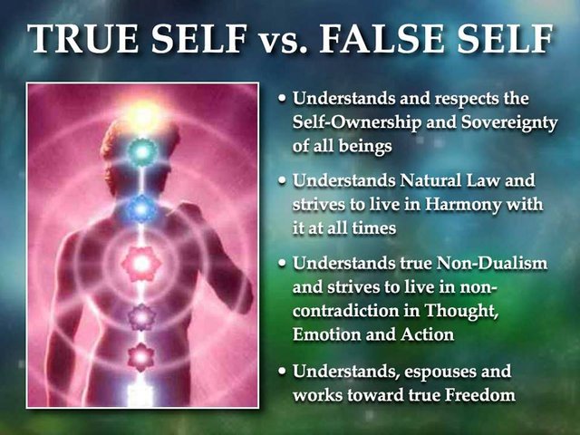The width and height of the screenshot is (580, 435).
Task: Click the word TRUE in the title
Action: [84, 38]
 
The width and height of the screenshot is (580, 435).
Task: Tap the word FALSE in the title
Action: [382, 38]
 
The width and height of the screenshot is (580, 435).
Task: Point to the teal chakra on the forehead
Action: [142, 151]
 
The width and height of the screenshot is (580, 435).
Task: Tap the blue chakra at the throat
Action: [140, 209]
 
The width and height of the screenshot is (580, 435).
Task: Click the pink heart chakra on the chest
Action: [141, 264]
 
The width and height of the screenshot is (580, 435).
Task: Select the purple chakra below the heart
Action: [141, 317]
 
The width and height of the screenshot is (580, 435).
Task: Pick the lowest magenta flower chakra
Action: [140, 357]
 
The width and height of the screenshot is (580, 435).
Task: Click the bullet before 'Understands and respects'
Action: [283, 99]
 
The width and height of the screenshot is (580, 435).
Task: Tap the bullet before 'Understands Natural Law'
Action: [283, 181]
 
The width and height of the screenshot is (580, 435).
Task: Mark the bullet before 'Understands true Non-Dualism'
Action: [283, 264]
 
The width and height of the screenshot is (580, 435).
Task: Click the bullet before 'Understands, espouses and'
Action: [283, 372]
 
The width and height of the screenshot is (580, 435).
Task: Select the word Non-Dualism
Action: [491, 264]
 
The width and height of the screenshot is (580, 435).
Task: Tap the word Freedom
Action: [479, 395]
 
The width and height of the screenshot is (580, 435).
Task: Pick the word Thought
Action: [460, 312]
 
